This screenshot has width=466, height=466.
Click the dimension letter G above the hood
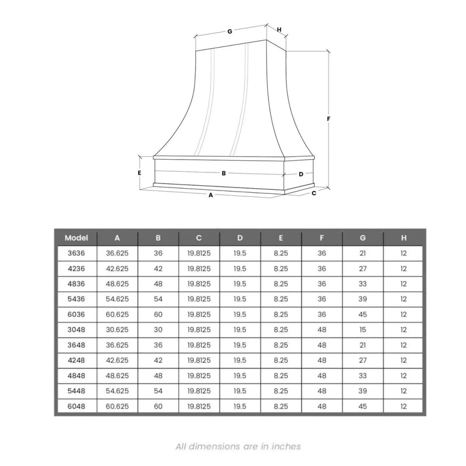click(230, 31)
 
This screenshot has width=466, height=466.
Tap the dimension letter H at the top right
click(279, 29)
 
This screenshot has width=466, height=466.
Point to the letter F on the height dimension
click(329, 119)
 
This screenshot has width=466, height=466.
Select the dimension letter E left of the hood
click(140, 173)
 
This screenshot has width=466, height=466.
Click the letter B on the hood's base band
click(224, 173)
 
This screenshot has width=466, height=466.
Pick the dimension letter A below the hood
click(211, 196)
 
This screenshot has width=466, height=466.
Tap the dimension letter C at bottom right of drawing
click(314, 193)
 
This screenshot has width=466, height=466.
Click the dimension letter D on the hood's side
click(301, 174)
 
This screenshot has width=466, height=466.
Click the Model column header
click(76, 238)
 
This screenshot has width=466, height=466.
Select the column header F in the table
click(322, 238)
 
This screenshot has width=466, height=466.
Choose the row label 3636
click(76, 253)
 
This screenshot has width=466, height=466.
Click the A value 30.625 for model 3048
click(117, 329)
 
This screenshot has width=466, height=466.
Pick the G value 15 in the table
click(362, 329)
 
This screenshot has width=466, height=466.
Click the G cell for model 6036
click(362, 314)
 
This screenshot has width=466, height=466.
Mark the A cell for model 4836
click(117, 284)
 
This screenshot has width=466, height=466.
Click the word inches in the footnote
click(286, 447)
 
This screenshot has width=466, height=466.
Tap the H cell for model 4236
click(403, 269)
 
